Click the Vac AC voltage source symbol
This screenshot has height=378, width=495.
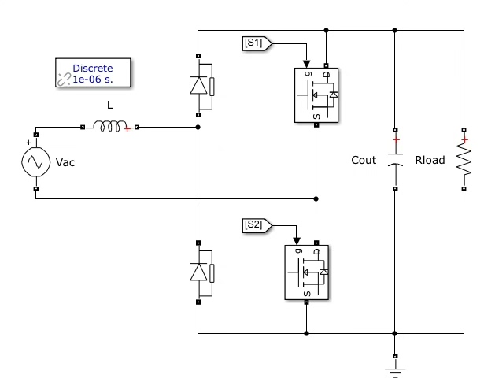[x=35, y=161]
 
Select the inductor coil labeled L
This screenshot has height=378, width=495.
[x=109, y=127]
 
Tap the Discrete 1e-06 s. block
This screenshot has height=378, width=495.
[x=93, y=72]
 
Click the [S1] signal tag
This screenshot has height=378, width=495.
[x=257, y=43]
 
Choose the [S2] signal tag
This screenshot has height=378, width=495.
[x=257, y=225]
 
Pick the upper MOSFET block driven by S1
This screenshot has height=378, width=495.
[x=316, y=95]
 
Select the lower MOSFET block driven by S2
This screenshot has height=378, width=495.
[x=307, y=272]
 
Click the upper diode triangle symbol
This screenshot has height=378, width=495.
[x=198, y=85]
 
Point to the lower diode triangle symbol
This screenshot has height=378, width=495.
[x=198, y=272]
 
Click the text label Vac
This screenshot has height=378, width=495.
[x=65, y=162]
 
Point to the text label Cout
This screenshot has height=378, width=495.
[x=364, y=160]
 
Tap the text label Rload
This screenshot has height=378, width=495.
[x=430, y=160]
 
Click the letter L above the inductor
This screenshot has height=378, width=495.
[x=110, y=105]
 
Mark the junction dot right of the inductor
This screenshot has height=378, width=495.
[x=198, y=128]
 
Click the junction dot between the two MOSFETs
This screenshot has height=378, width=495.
[x=316, y=198]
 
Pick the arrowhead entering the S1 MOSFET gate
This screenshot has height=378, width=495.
[x=306, y=64]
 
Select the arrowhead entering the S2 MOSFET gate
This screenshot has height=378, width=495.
[x=297, y=241]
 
